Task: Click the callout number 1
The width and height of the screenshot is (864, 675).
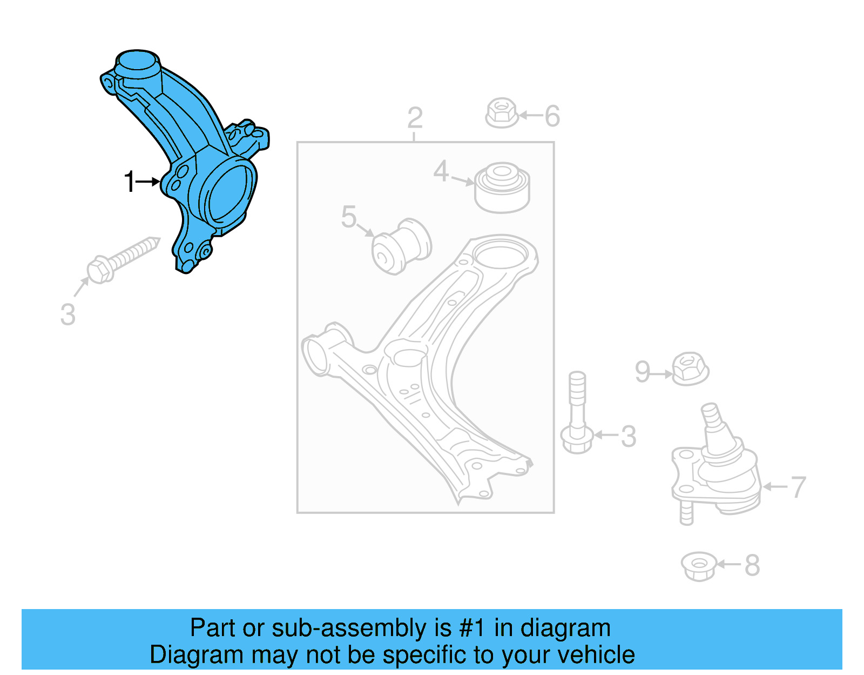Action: pyautogui.click(x=129, y=182)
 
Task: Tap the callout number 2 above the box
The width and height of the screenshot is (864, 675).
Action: pyautogui.click(x=414, y=118)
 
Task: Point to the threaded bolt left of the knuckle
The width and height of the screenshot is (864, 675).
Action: pyautogui.click(x=122, y=260)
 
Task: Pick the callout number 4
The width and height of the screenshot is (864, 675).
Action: pyautogui.click(x=441, y=171)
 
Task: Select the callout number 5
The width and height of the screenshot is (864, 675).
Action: pyautogui.click(x=349, y=217)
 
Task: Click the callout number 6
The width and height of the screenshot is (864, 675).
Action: pyautogui.click(x=552, y=116)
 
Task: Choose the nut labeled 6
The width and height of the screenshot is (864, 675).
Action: pyautogui.click(x=502, y=113)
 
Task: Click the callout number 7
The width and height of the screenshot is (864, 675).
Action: pyautogui.click(x=798, y=487)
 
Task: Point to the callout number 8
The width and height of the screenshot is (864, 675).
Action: pyautogui.click(x=752, y=566)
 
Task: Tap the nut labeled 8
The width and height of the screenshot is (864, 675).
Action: pyautogui.click(x=699, y=566)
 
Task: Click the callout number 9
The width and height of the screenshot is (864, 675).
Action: pyautogui.click(x=642, y=372)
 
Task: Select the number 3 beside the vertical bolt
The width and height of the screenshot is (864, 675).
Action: pyautogui.click(x=628, y=436)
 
